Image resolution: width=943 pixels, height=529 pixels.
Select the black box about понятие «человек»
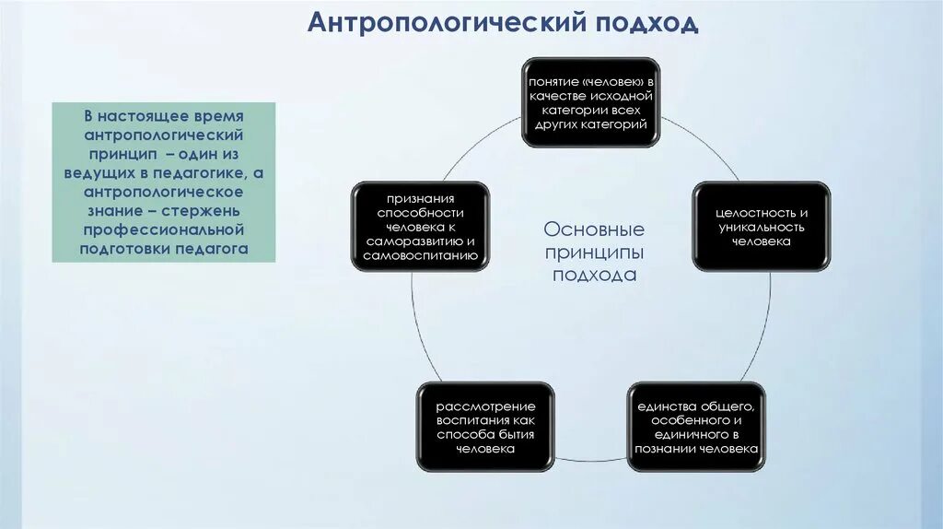[x=590, y=102]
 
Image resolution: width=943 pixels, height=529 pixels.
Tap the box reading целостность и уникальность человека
[x=761, y=227]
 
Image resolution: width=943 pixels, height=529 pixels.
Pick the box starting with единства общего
[x=696, y=427]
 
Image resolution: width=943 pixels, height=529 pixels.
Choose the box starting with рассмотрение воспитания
[x=485, y=427]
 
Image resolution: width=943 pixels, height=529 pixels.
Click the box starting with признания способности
[x=420, y=227]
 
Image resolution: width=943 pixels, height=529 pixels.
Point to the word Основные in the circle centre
[x=594, y=229]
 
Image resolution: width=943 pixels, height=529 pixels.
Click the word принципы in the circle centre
[x=594, y=252]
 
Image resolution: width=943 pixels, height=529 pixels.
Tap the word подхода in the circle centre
[x=594, y=275]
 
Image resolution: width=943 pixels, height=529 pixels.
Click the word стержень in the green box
[x=210, y=211]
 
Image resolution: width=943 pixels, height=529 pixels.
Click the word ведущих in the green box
[x=112, y=174]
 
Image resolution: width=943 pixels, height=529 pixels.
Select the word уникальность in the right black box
[x=761, y=227]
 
